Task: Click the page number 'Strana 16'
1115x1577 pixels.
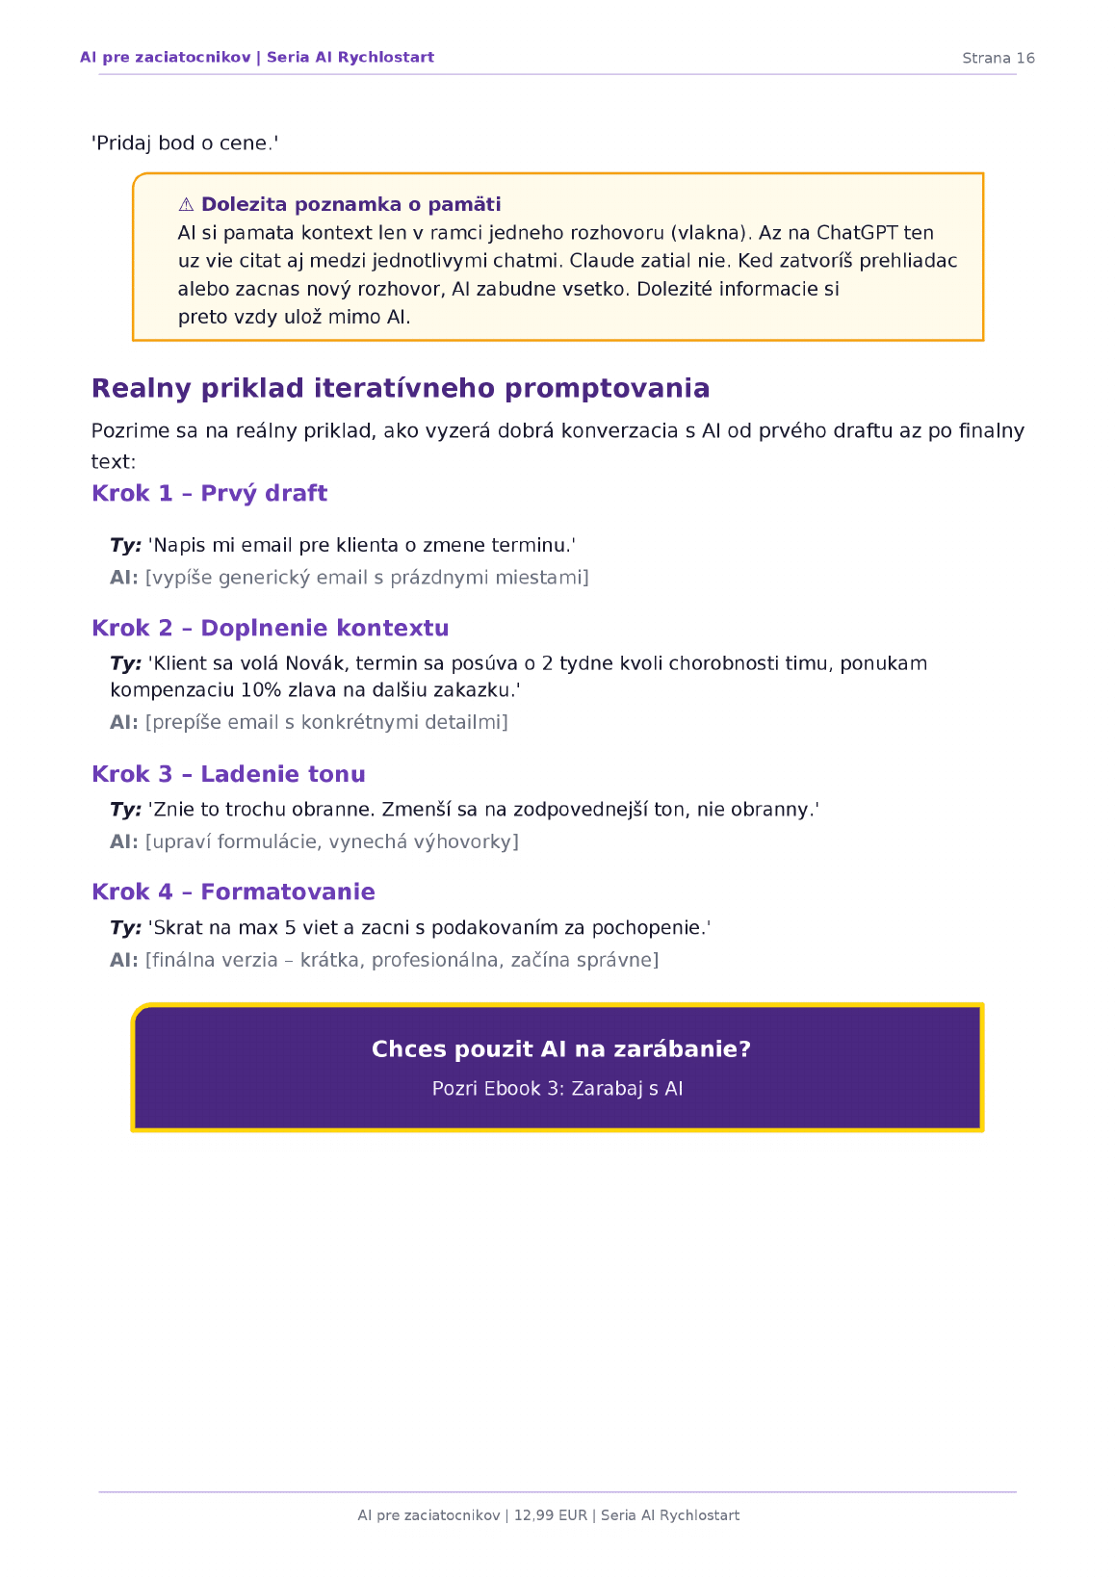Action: click(x=998, y=58)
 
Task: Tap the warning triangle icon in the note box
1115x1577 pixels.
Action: click(x=187, y=204)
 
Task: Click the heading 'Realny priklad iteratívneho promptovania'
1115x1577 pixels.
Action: click(x=401, y=388)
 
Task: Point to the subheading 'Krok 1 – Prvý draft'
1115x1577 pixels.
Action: click(x=209, y=493)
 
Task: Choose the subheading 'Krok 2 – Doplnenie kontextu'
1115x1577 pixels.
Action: click(x=270, y=628)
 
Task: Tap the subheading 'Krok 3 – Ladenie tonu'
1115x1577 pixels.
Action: click(x=228, y=774)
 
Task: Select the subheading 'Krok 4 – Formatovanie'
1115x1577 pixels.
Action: click(x=233, y=892)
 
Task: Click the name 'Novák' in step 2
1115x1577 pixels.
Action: click(x=314, y=663)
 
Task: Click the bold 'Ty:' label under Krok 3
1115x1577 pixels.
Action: click(x=125, y=810)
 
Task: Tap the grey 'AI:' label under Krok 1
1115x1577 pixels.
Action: click(x=123, y=578)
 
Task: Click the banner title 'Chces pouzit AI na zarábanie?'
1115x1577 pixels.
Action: click(x=560, y=1049)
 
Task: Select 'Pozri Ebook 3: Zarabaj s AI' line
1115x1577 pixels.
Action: click(x=557, y=1089)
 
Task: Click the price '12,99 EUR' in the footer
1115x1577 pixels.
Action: click(x=550, y=1515)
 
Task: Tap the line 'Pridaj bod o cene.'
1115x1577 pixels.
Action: click(x=185, y=143)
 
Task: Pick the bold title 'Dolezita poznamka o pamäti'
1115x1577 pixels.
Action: click(x=350, y=204)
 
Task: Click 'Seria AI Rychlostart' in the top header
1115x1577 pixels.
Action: click(x=350, y=58)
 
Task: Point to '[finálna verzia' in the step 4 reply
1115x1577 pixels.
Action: click(x=211, y=960)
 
